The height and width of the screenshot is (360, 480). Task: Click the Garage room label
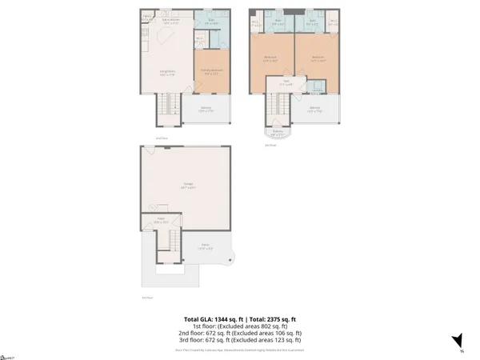tap(183, 185)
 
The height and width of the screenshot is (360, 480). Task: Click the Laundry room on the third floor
tap(317, 87)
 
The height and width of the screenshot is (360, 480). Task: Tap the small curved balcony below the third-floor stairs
tap(278, 131)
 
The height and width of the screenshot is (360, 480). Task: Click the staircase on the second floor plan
tap(166, 103)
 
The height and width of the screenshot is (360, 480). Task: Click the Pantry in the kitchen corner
tap(148, 17)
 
